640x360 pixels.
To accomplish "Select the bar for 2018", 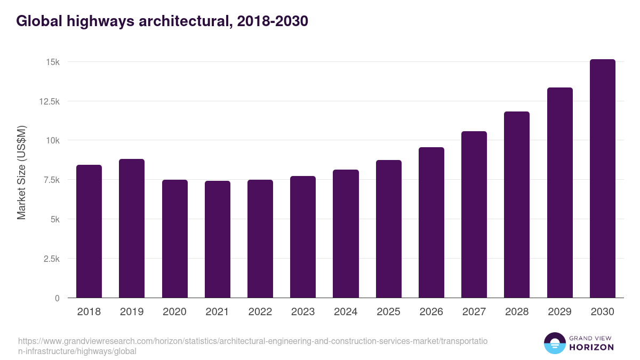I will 89,231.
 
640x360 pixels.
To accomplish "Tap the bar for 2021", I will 218,239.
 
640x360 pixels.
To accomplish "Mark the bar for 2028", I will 517,205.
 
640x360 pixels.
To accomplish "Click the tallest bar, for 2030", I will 602,179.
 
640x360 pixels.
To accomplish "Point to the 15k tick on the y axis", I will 52,62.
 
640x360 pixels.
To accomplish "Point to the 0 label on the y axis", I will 57,298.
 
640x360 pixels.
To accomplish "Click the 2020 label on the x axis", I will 174,312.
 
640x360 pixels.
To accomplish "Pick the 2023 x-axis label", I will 303,312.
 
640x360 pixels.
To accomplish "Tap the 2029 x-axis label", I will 559,312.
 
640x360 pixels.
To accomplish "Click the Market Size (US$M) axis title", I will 21,172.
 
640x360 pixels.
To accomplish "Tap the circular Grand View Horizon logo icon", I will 555,343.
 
